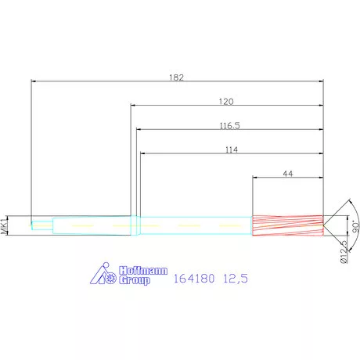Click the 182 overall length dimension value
pyautogui.click(x=176, y=77)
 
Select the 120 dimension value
pyautogui.click(x=226, y=102)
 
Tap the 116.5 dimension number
pyautogui.click(x=229, y=125)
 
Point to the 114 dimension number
pyautogui.click(x=232, y=149)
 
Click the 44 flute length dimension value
pyautogui.click(x=288, y=174)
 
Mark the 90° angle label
pyautogui.click(x=355, y=227)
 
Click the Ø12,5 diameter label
pyautogui.click(x=344, y=252)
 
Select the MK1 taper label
pyautogui.click(x=5, y=225)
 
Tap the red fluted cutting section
pyautogui.click(x=288, y=225)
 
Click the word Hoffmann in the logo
pyautogui.click(x=143, y=271)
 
